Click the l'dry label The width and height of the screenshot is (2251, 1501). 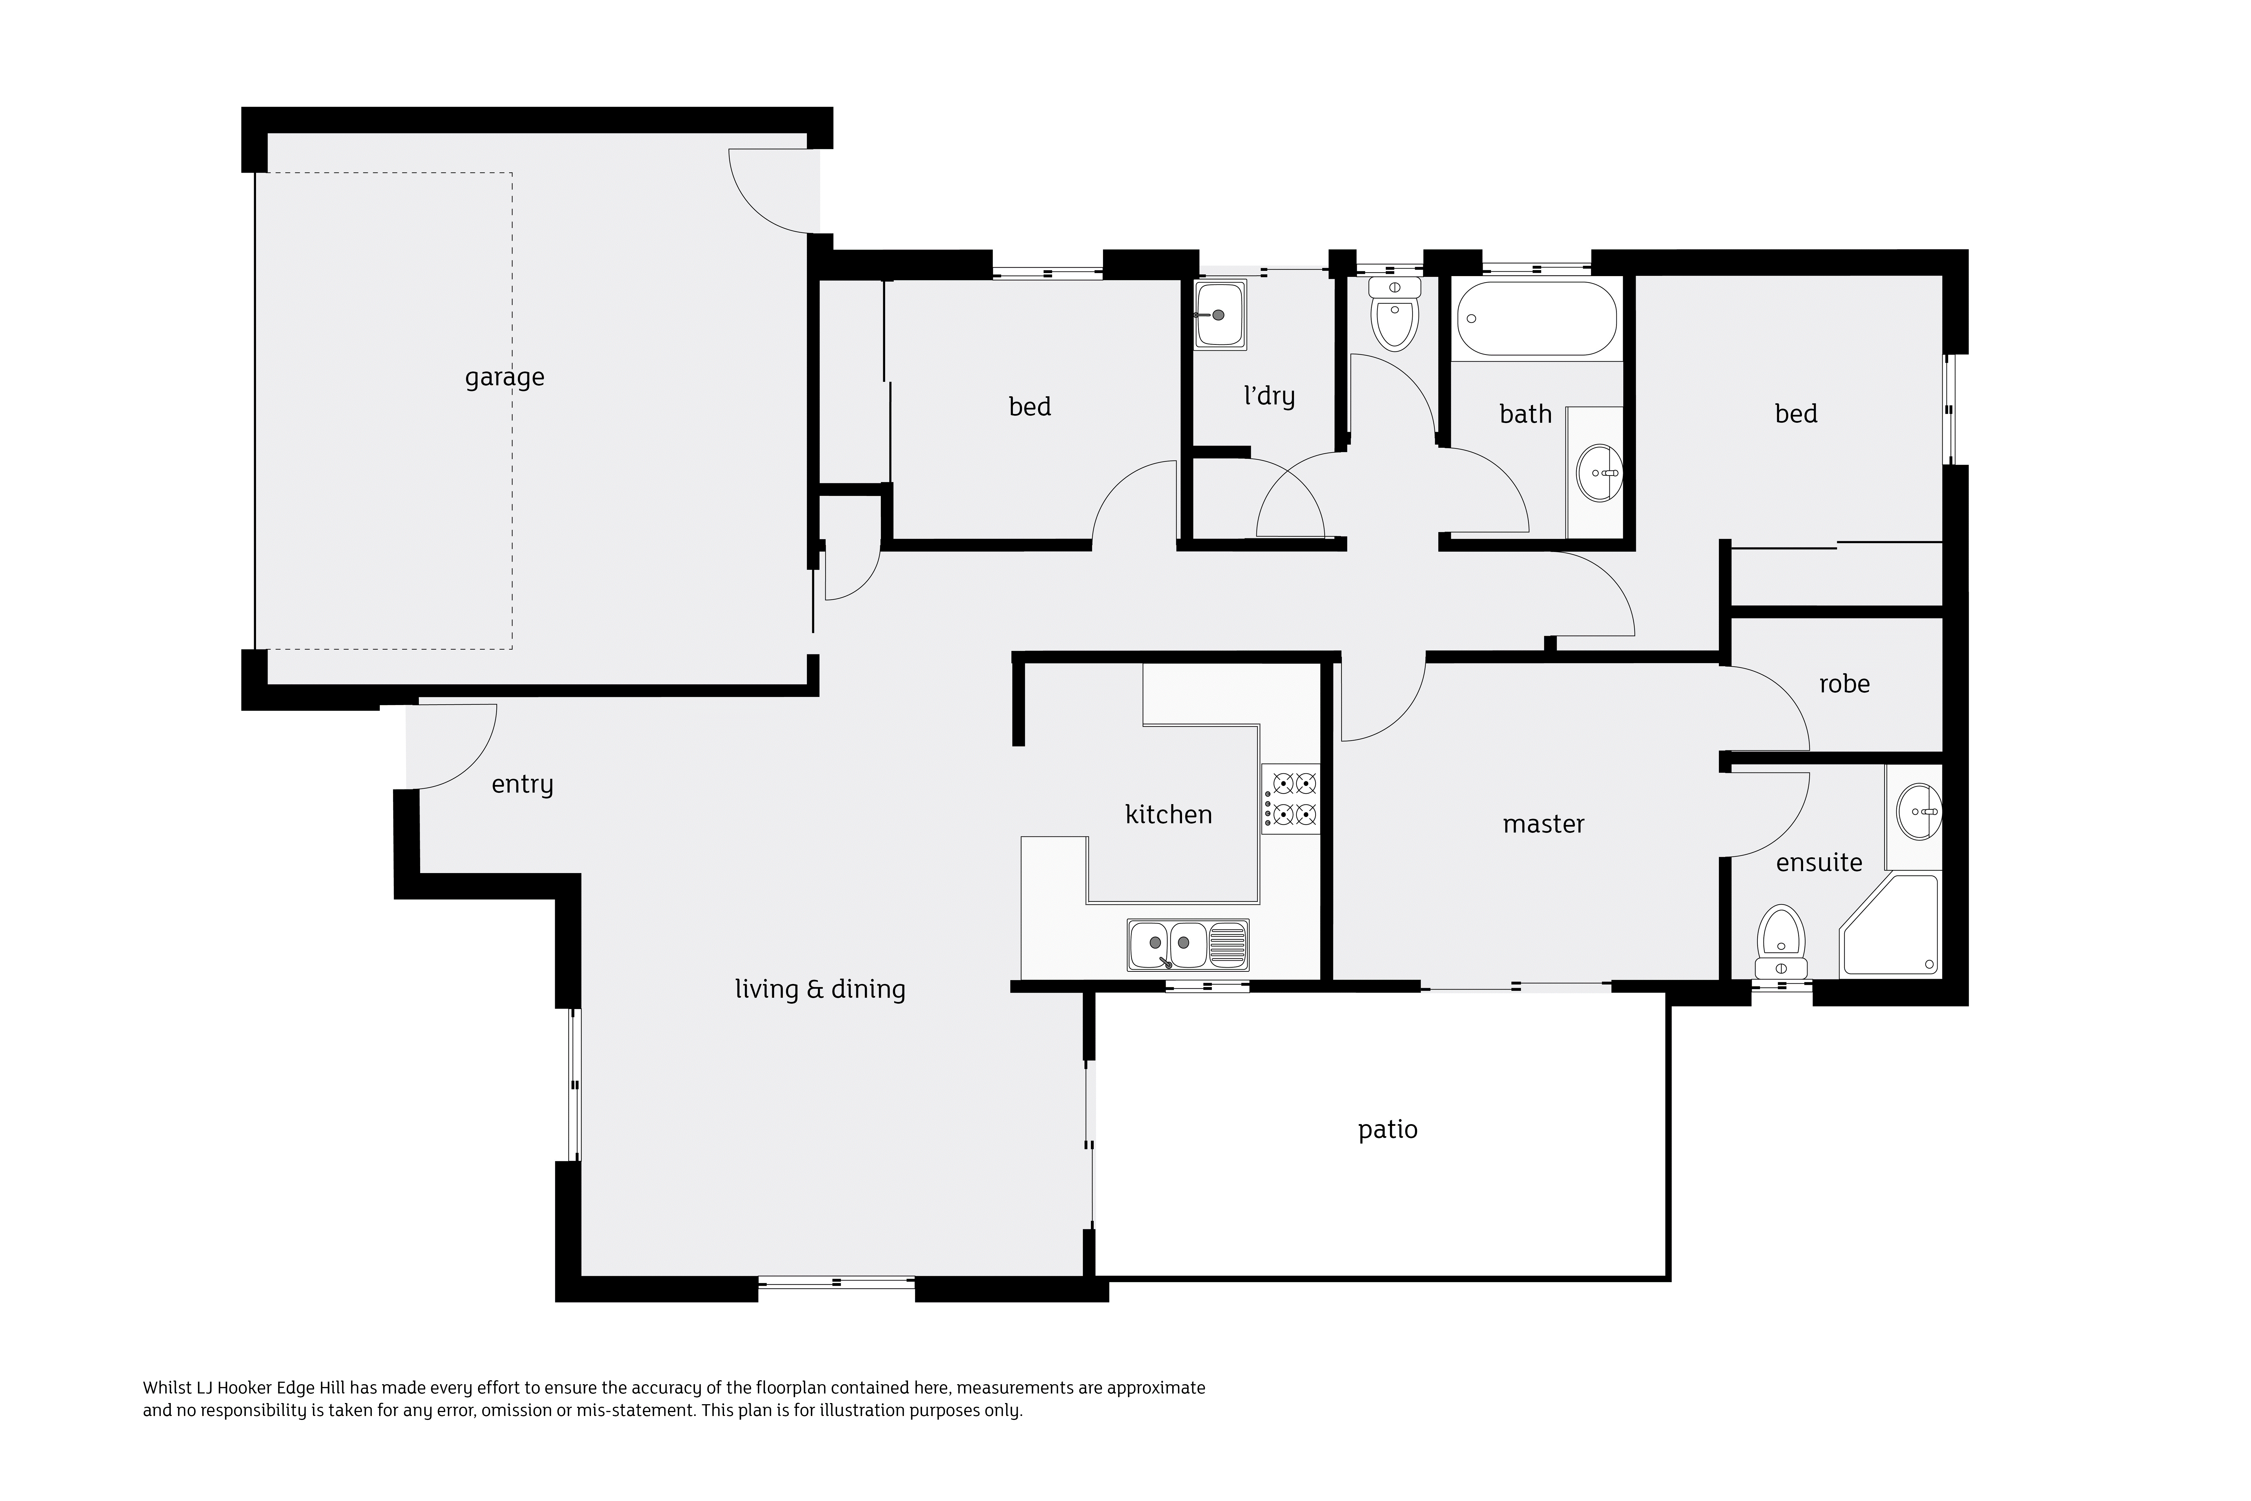click(x=1269, y=396)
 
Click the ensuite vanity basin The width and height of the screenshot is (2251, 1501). click(x=1919, y=812)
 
